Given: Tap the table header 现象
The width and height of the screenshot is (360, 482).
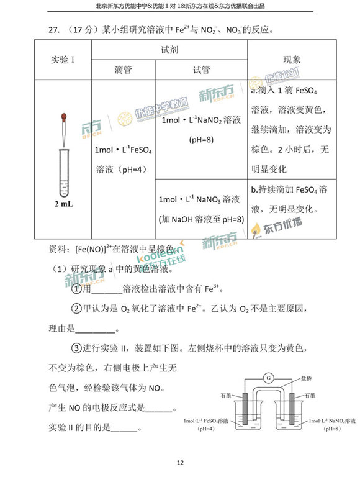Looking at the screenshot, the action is [x=292, y=60].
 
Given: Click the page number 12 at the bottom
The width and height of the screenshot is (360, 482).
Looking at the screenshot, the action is [x=180, y=462].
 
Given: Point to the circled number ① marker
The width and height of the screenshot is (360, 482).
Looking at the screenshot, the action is [x=77, y=289].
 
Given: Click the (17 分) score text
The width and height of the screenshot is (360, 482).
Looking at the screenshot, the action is [x=81, y=30].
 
